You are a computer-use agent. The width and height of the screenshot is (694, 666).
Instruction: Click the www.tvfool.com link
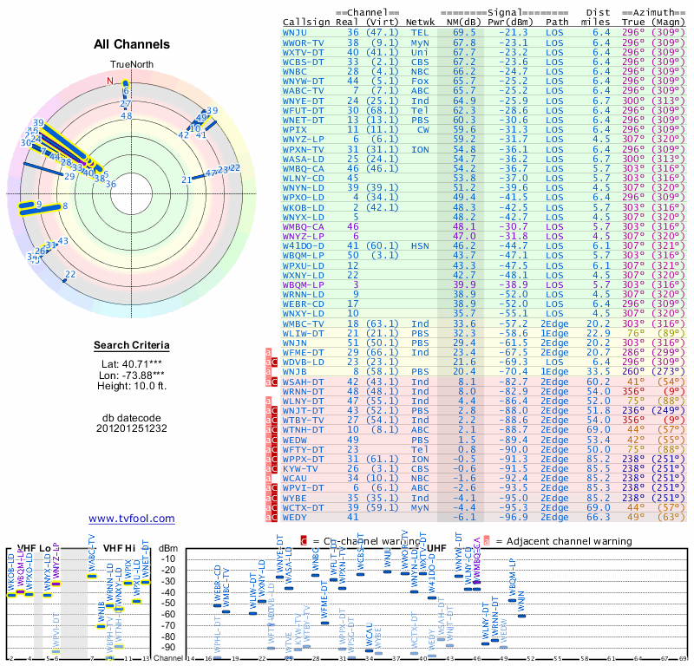pos(131,519)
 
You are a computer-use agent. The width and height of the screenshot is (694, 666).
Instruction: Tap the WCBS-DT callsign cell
pos(304,62)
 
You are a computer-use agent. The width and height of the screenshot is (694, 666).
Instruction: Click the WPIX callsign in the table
pos(297,129)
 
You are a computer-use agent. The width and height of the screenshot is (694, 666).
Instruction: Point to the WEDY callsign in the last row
pos(297,518)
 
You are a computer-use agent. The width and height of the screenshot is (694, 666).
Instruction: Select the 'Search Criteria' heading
pos(131,346)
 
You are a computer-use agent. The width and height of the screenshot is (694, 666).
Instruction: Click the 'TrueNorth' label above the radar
pos(130,65)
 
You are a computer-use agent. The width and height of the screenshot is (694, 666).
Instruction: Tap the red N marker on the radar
pos(110,81)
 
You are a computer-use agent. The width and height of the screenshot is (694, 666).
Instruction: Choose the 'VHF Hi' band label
pos(119,548)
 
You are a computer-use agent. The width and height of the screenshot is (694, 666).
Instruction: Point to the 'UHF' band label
pos(435,548)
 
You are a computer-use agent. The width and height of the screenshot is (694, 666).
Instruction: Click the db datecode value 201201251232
pos(131,428)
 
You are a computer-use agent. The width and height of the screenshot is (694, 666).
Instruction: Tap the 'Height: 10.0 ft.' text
pos(131,386)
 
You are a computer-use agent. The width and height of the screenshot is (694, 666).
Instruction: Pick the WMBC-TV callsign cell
pos(304,323)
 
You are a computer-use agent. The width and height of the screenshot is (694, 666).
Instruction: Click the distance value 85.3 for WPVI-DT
pos(601,488)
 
